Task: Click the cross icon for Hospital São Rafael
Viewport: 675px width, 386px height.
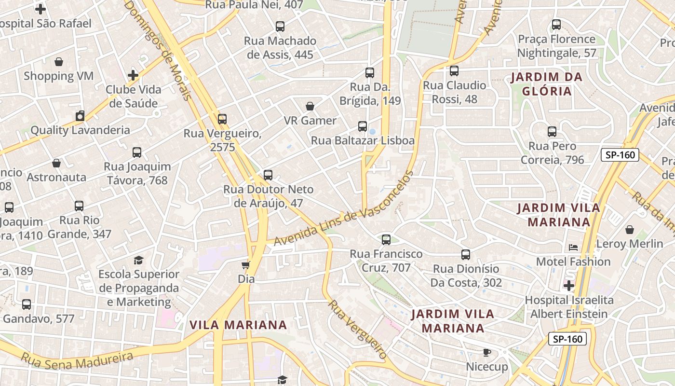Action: coord(40,9)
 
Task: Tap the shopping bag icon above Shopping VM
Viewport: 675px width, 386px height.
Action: coord(59,62)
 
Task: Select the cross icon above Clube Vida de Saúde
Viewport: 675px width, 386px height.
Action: coord(133,75)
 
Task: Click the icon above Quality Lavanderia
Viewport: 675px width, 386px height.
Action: coord(80,116)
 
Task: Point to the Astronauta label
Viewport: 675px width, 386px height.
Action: coord(56,177)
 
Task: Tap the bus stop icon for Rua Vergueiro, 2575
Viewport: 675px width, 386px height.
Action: coord(222,119)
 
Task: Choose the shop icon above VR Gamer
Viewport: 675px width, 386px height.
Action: coord(310,106)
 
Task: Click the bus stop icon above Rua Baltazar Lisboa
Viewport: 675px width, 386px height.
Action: coord(363,126)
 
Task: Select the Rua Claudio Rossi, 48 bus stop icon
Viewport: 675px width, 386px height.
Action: coord(454,71)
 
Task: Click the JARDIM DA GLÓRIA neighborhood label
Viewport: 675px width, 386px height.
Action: coord(547,84)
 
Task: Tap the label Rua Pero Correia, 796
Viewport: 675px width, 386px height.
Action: coord(552,153)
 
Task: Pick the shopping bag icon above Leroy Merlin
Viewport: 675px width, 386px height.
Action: coord(630,230)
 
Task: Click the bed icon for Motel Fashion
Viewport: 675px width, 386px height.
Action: coord(573,248)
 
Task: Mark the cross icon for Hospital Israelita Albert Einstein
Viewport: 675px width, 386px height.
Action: coord(569,286)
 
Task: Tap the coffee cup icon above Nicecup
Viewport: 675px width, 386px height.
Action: coord(487,353)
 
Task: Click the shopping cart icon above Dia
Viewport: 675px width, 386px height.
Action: coord(246,265)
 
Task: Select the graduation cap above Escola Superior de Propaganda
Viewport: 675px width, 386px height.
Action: coord(139,260)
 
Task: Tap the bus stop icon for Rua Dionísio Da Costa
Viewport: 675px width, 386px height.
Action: coord(466,254)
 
